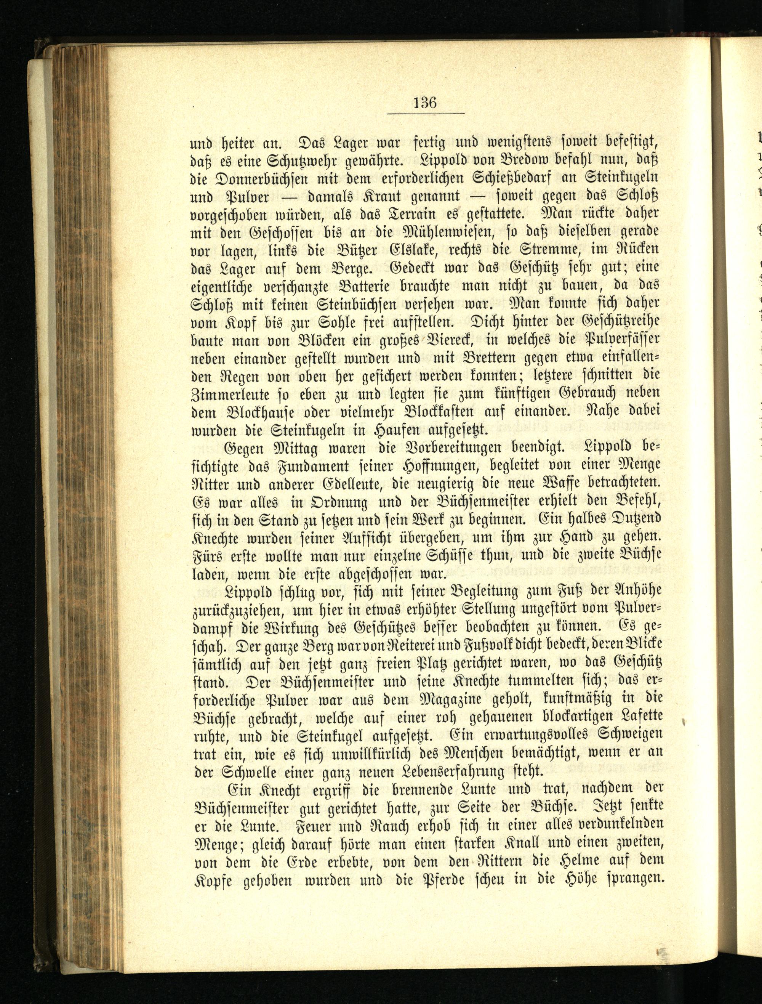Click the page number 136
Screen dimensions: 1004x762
coord(425,102)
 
